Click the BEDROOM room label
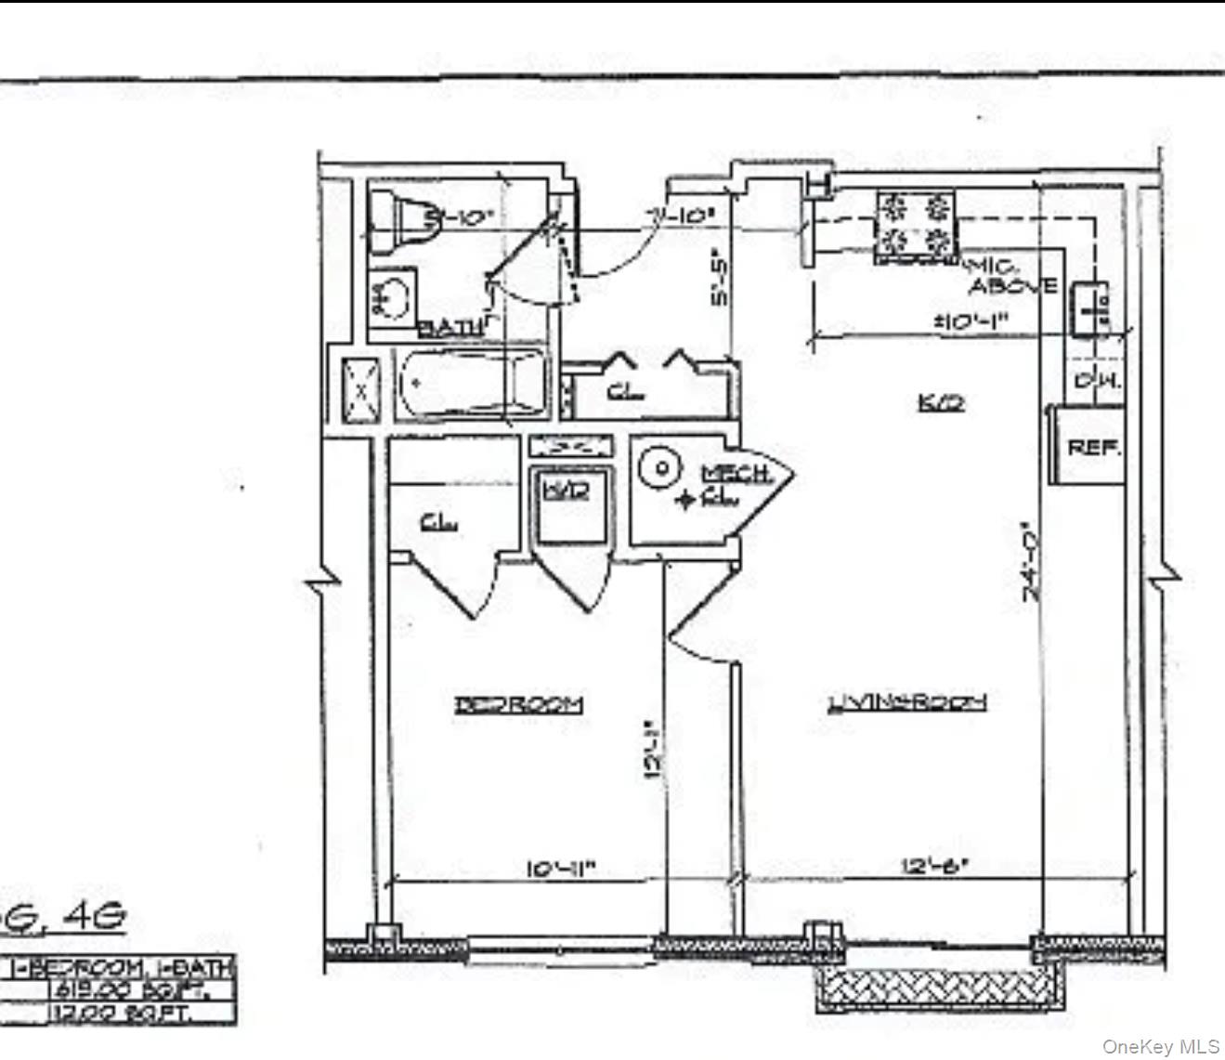coord(518,704)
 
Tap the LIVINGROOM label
coord(906,702)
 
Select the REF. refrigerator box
coord(1093,447)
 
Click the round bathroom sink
coord(394,294)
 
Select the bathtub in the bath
coord(469,383)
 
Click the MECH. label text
coord(737,473)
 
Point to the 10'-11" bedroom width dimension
coord(560,869)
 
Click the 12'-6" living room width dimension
coord(934,866)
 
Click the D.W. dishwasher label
coord(1097,381)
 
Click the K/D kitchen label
coord(940,402)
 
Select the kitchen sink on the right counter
coord(1090,308)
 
